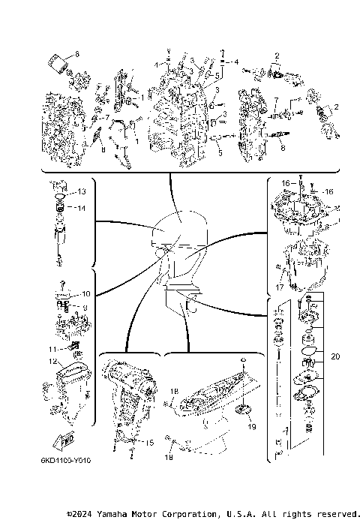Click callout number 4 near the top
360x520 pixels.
[x=237, y=62]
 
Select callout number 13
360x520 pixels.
[x=84, y=191]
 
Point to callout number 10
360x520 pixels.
[x=85, y=293]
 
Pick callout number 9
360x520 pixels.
[x=85, y=308]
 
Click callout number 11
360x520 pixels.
[x=52, y=349]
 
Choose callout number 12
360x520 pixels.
[x=53, y=362]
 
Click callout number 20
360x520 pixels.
[x=334, y=356]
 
